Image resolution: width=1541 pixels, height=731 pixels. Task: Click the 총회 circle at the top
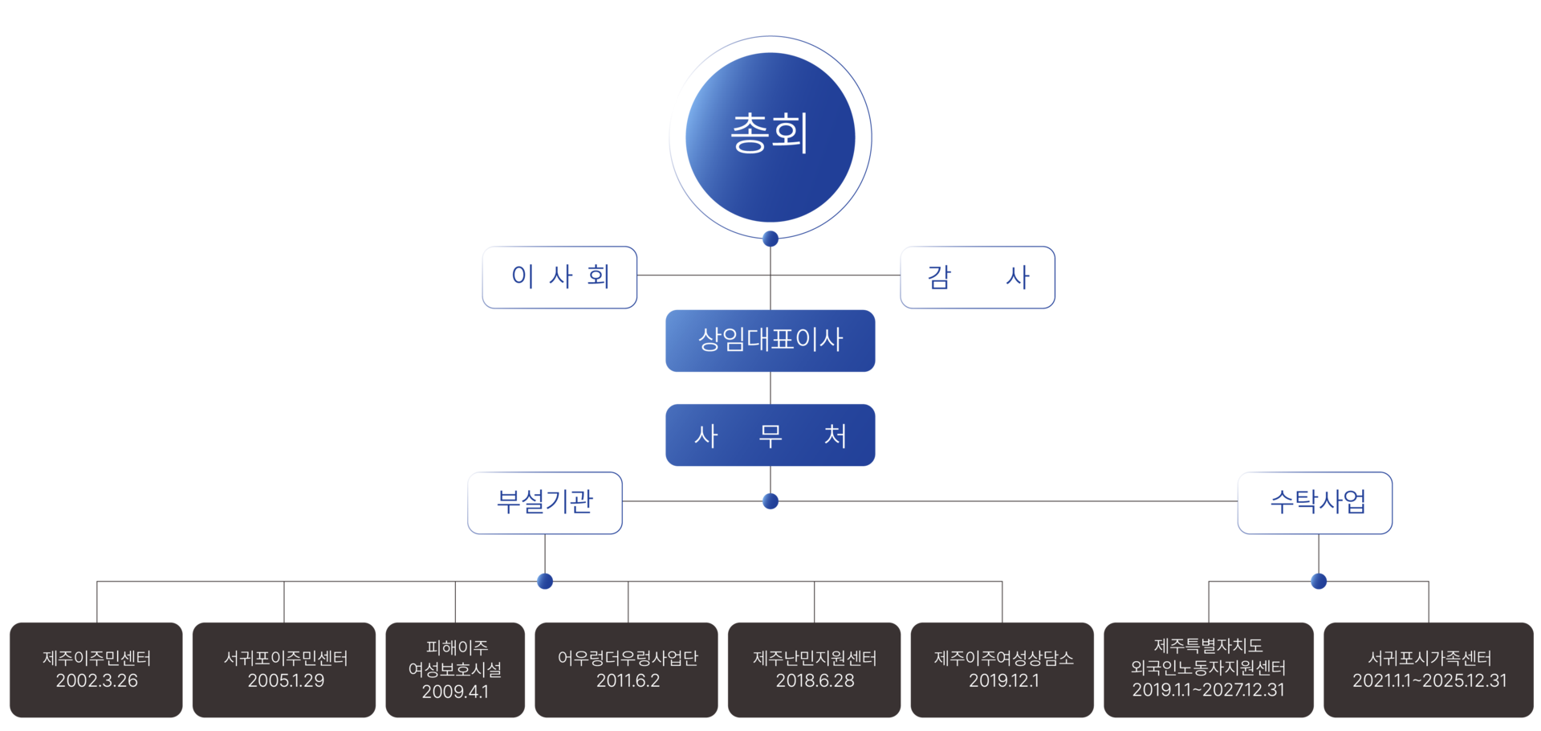click(x=770, y=137)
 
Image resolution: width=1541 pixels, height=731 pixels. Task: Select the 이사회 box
click(x=559, y=277)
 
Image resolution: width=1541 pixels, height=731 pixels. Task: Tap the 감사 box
click(x=978, y=277)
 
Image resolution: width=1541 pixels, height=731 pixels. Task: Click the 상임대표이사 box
click(x=770, y=341)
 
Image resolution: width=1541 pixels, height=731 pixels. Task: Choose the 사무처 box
click(x=770, y=435)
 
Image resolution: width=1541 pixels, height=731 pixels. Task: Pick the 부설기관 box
click(x=545, y=503)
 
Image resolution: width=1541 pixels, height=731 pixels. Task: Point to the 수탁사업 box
click(x=1315, y=503)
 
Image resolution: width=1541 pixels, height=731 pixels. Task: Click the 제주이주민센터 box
click(x=96, y=670)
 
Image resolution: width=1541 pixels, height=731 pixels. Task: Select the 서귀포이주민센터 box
click(x=284, y=670)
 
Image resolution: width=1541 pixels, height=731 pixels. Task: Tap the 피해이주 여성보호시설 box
click(x=455, y=670)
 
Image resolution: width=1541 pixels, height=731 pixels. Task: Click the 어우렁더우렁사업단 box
click(x=627, y=670)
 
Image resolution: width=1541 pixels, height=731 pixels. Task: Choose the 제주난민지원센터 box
click(x=815, y=670)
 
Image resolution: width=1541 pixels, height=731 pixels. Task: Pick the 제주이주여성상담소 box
click(x=1002, y=670)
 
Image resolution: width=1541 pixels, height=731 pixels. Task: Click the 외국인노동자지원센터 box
click(x=1209, y=670)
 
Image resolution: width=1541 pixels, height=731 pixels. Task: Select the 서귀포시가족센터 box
click(x=1429, y=670)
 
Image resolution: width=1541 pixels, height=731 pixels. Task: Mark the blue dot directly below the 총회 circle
click(x=770, y=239)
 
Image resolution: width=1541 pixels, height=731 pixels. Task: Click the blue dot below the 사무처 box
click(x=770, y=501)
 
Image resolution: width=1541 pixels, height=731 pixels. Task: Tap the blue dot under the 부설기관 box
click(x=545, y=581)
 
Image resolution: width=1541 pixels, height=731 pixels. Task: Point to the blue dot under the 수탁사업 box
click(x=1319, y=581)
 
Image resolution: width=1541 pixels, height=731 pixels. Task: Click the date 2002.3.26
click(x=96, y=680)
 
